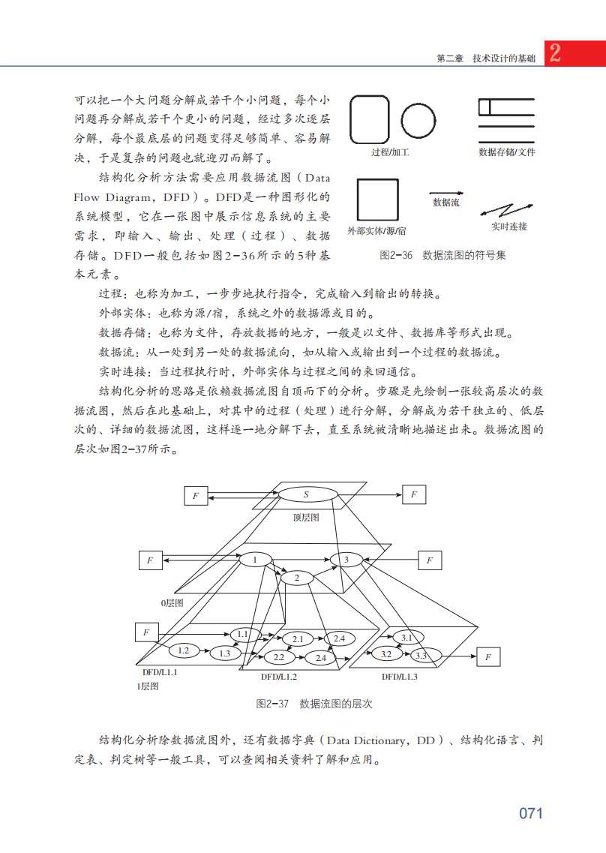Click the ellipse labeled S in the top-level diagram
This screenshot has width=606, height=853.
pyautogui.click(x=307, y=494)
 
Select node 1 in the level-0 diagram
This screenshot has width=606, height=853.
pyautogui.click(x=255, y=560)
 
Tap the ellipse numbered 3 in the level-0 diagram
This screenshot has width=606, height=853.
pyautogui.click(x=346, y=560)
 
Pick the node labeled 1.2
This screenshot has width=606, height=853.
pyautogui.click(x=183, y=650)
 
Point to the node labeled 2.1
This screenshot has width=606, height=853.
pyautogui.click(x=298, y=639)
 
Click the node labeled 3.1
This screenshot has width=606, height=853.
pyautogui.click(x=407, y=638)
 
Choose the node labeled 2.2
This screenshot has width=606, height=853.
pyautogui.click(x=278, y=657)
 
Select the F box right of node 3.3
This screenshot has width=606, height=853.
pyautogui.click(x=487, y=657)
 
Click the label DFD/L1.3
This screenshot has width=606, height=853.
pyautogui.click(x=400, y=677)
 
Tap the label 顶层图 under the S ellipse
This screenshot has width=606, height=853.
pyautogui.click(x=306, y=518)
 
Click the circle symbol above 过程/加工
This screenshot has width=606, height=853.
pyautogui.click(x=418, y=121)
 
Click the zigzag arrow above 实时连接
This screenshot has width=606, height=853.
pyautogui.click(x=507, y=208)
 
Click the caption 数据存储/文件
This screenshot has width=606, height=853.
pyautogui.click(x=507, y=152)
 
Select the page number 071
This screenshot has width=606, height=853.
pyautogui.click(x=530, y=813)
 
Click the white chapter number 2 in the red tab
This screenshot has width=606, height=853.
pyautogui.click(x=556, y=53)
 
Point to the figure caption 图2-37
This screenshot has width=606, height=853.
pyautogui.click(x=272, y=704)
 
